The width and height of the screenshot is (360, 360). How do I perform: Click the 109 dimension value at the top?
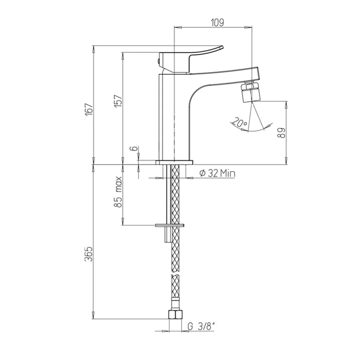(217, 22)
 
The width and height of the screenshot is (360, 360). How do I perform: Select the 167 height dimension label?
(89, 109)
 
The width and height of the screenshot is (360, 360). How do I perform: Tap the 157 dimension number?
(118, 101)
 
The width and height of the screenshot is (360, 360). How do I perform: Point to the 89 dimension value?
(282, 133)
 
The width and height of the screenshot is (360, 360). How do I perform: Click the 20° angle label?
(240, 122)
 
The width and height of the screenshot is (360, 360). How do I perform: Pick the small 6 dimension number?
(134, 148)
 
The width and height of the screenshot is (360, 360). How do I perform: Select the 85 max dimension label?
(118, 192)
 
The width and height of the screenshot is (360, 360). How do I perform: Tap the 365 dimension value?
(89, 254)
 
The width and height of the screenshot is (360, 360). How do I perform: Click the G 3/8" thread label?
(201, 326)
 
